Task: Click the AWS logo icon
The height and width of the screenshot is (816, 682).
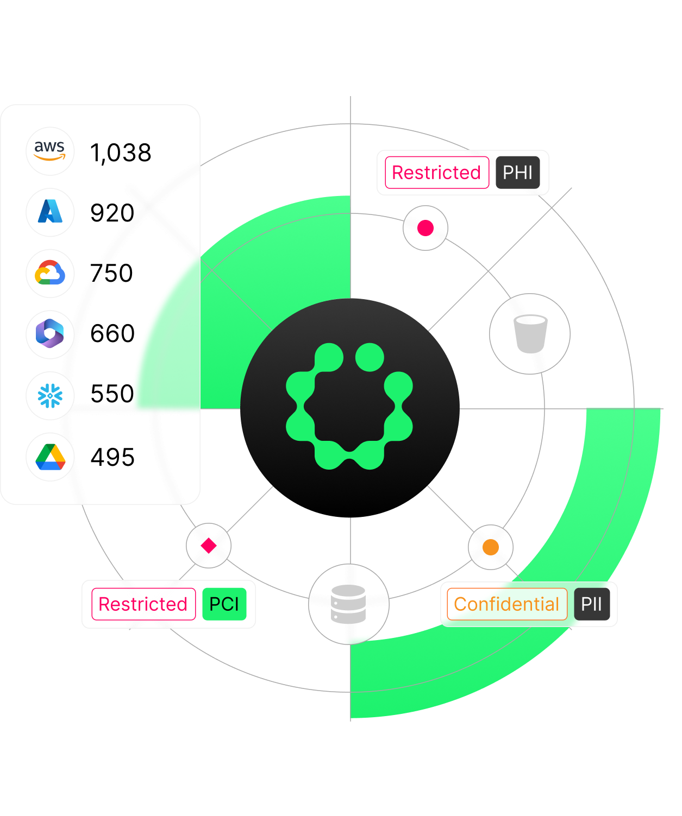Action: pyautogui.click(x=50, y=151)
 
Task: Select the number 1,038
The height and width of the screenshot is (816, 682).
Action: pyautogui.click(x=121, y=153)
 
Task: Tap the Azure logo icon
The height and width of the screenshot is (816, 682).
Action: pyautogui.click(x=50, y=212)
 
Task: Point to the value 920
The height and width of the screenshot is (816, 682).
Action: pyautogui.click(x=112, y=213)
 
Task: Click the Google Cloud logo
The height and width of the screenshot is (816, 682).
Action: pyautogui.click(x=50, y=273)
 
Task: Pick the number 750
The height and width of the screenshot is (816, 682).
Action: pyautogui.click(x=111, y=273)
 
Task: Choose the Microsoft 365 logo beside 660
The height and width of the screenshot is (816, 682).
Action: pyautogui.click(x=50, y=333)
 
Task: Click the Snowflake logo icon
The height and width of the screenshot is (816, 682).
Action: pyautogui.click(x=50, y=395)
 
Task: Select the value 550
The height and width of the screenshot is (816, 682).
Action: pyautogui.click(x=112, y=394)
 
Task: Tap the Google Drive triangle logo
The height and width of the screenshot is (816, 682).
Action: pyautogui.click(x=50, y=457)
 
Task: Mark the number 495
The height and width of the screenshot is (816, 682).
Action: pyautogui.click(x=112, y=457)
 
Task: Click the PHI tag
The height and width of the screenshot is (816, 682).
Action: pyautogui.click(x=517, y=173)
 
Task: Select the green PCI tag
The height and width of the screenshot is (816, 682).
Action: pyautogui.click(x=224, y=604)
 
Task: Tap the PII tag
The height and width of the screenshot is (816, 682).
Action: pyautogui.click(x=591, y=604)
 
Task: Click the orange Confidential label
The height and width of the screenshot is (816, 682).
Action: pyautogui.click(x=506, y=604)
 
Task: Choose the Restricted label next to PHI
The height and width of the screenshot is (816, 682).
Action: pyautogui.click(x=436, y=173)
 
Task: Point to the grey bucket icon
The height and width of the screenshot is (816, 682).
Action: pyautogui.click(x=530, y=334)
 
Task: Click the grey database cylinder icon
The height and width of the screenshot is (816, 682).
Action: pyautogui.click(x=348, y=604)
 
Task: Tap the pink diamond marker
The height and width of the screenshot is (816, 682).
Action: pyautogui.click(x=209, y=546)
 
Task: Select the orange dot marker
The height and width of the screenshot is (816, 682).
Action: pyautogui.click(x=491, y=547)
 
